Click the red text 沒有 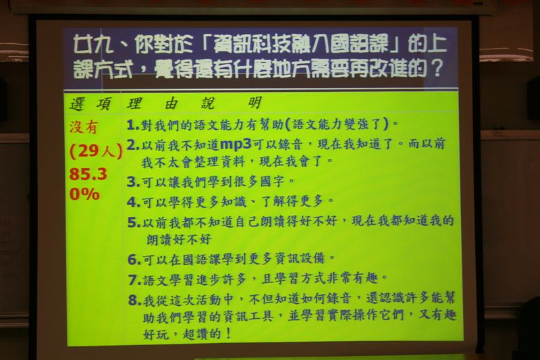click(84, 127)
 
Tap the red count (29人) click(96, 151)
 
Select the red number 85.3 click(88, 174)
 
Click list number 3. click(133, 182)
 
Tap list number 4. click(133, 202)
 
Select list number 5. click(134, 222)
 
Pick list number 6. click(134, 259)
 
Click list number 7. click(134, 280)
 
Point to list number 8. click(135, 300)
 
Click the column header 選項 click(90, 104)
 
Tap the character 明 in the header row click(255, 103)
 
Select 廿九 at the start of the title click(93, 45)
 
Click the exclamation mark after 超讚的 click(227, 333)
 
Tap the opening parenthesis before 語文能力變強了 click(288, 124)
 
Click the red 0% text click(84, 194)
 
